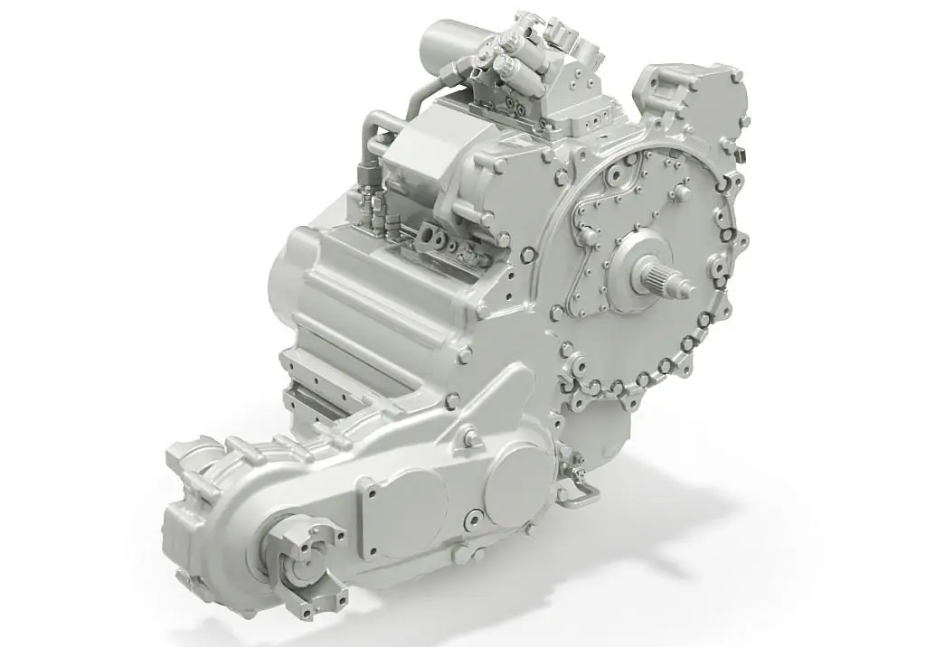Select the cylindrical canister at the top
click(449, 41)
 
